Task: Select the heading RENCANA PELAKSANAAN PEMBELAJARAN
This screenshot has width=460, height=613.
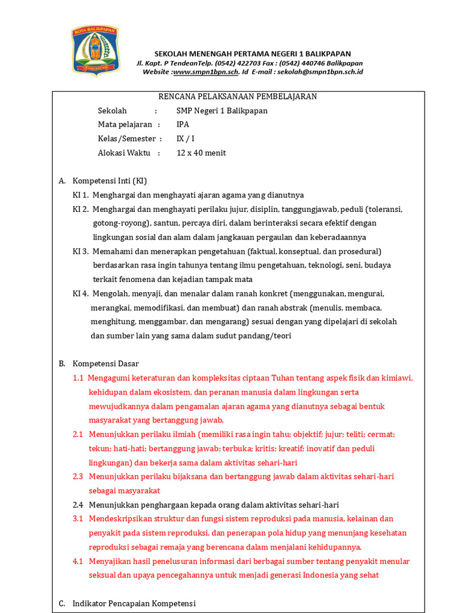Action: tap(237, 96)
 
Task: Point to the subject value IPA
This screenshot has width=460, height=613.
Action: tap(183, 125)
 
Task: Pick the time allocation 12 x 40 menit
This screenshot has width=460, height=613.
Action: tap(201, 153)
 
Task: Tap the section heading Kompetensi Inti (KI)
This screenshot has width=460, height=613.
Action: tap(110, 181)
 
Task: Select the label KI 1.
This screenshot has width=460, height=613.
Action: tap(81, 195)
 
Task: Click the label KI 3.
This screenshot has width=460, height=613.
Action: tap(81, 251)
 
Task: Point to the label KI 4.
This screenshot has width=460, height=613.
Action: tap(81, 294)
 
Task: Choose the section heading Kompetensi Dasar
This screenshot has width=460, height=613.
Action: tap(105, 363)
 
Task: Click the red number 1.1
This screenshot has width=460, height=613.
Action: tap(78, 378)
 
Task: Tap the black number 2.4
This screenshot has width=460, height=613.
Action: tap(78, 505)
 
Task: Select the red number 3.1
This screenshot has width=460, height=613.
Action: tap(78, 518)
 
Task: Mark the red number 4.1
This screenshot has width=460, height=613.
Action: tap(78, 562)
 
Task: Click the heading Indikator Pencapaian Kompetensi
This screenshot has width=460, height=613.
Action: tap(134, 603)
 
